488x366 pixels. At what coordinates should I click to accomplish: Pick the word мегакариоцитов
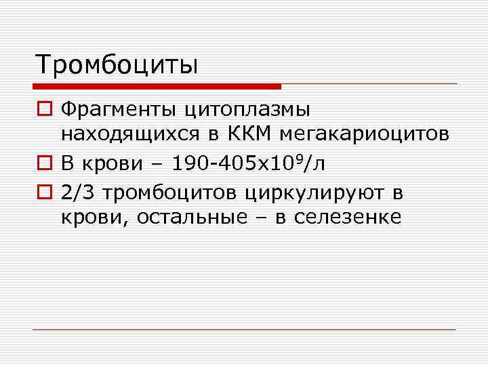click(x=371, y=134)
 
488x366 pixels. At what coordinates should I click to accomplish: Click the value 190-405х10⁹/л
click(x=249, y=163)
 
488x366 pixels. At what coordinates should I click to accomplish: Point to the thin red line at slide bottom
click(x=244, y=329)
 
